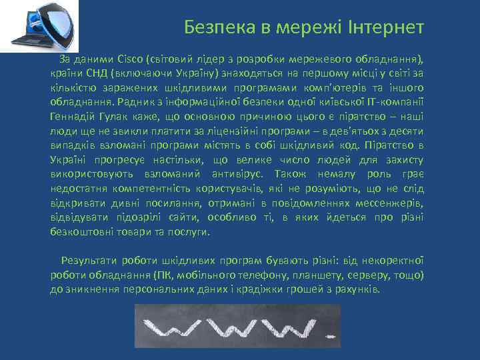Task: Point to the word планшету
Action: coord(330,275)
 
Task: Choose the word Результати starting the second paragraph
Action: coord(89,261)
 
